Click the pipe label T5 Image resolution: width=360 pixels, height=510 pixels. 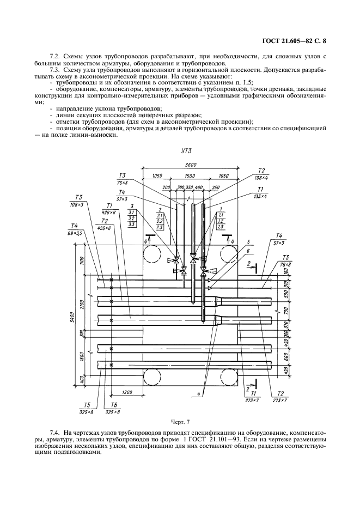click(x=87, y=405)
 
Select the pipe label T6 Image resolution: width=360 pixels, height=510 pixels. click(x=113, y=405)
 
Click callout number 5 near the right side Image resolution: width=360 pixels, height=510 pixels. click(x=248, y=242)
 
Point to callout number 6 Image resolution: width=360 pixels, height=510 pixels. click(x=248, y=251)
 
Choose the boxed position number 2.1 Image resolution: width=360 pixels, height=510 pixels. click(x=160, y=215)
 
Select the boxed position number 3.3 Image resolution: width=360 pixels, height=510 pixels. click(x=132, y=224)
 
